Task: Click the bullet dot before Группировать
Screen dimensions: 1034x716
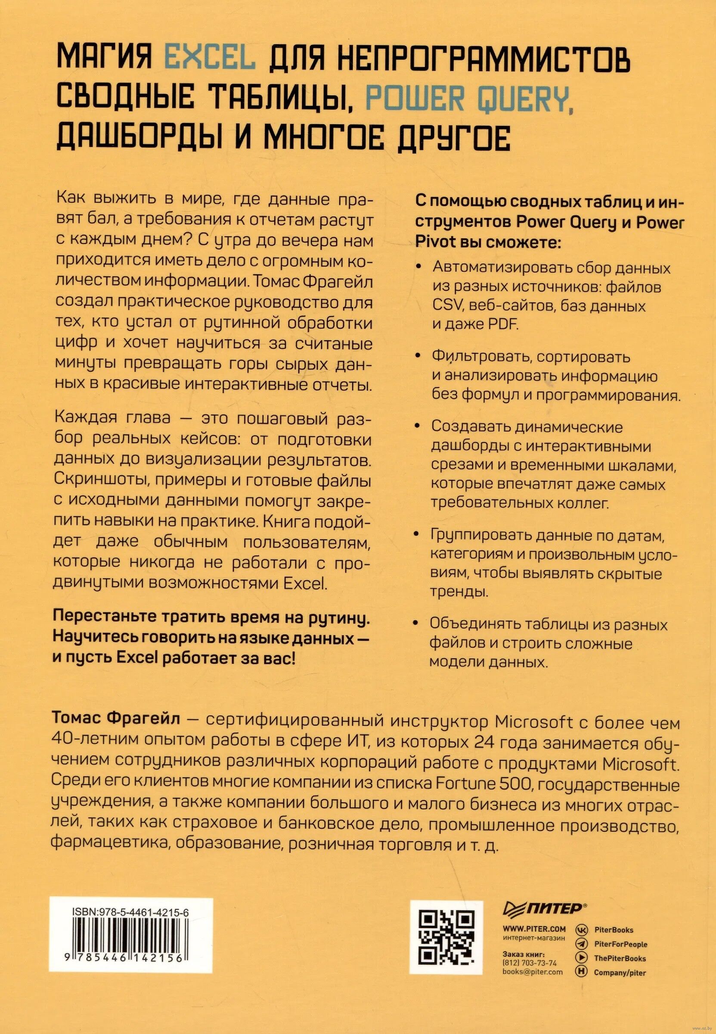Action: [418, 535]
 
